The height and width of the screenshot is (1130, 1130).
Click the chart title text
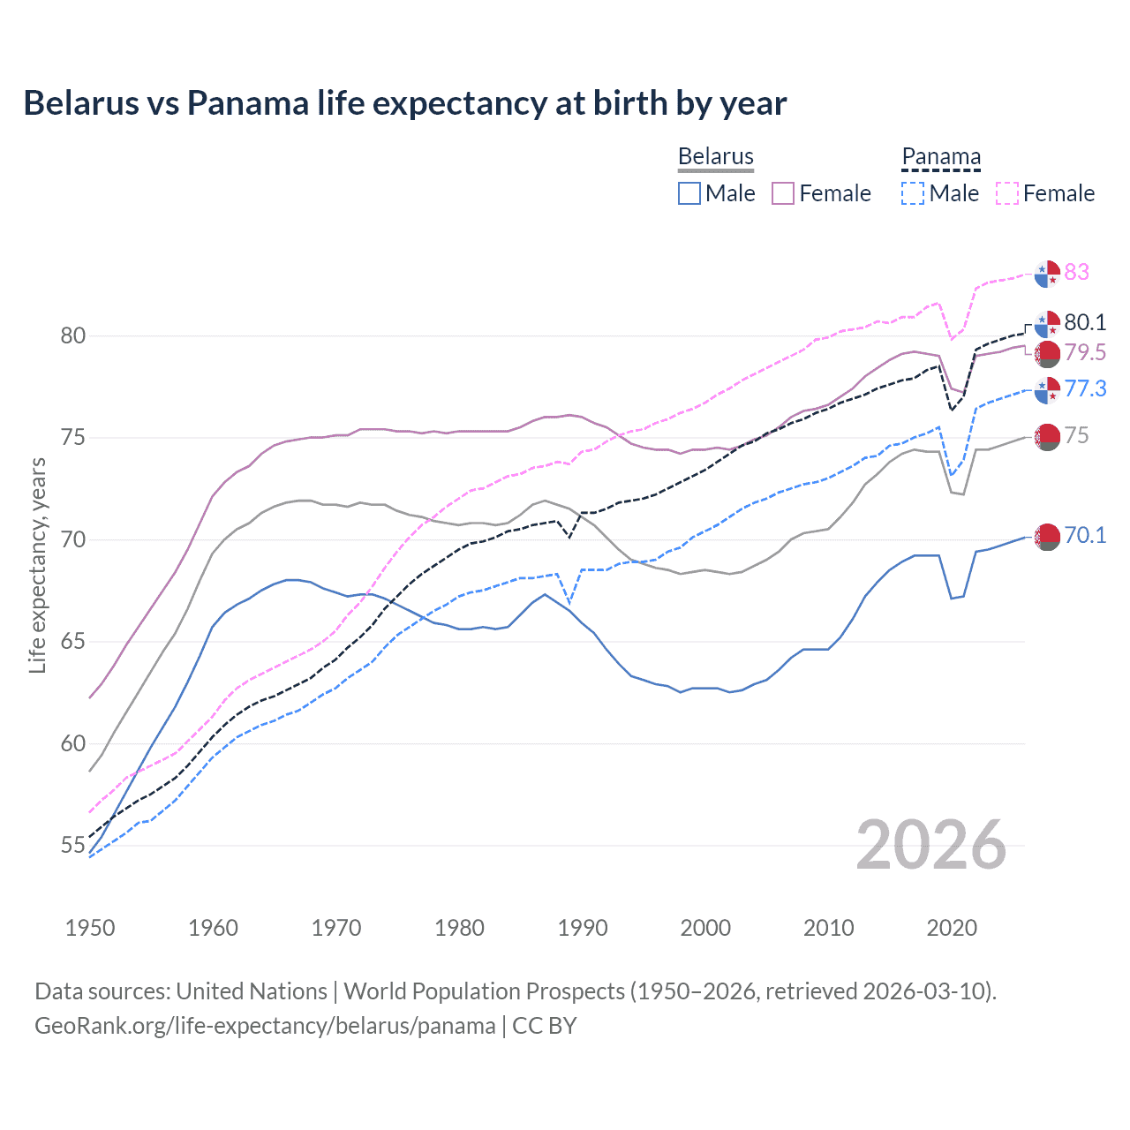point(404,103)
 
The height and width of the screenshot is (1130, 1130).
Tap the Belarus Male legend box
point(689,193)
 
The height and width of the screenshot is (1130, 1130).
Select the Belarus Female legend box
point(784,193)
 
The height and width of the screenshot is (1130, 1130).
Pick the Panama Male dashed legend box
point(913,193)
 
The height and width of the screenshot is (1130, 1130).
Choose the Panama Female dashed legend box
point(1007,193)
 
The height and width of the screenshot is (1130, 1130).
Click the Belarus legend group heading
point(715,156)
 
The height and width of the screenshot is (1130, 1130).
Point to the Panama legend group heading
point(941,156)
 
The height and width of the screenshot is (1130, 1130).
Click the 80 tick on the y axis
point(73,335)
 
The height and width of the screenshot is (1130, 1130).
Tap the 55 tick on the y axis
point(73,846)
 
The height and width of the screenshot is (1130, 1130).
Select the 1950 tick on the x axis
point(90,928)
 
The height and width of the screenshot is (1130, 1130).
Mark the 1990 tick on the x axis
point(583,928)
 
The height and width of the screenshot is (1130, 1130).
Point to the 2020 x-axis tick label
point(952,928)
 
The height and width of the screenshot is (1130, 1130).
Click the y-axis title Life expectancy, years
point(37,565)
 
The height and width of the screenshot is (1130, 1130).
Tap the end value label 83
point(1076,272)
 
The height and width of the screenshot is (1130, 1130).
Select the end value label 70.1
point(1085,535)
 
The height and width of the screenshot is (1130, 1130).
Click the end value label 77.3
point(1085,388)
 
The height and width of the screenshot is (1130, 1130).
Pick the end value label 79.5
point(1085,352)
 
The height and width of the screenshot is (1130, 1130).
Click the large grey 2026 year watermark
point(931,845)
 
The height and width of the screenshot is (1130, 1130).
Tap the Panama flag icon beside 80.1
point(1047,323)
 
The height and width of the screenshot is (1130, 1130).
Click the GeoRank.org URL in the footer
point(265,1026)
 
